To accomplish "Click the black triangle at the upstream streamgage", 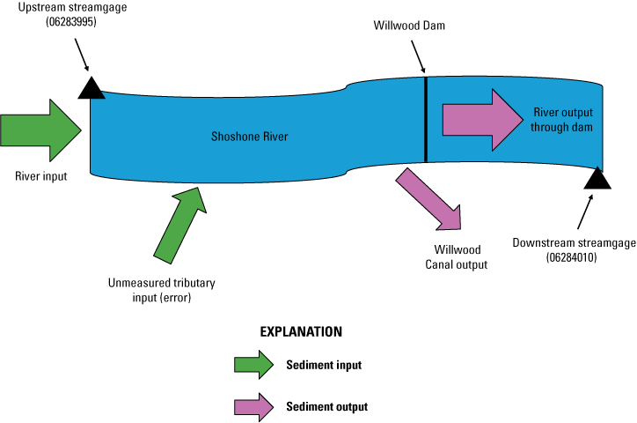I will (x=91, y=87).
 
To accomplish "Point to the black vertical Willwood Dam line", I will (x=426, y=120).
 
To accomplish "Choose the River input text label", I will (x=40, y=175).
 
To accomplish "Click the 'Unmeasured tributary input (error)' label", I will (x=161, y=290).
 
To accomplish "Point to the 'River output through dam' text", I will (x=562, y=120).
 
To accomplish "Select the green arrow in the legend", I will (x=253, y=365).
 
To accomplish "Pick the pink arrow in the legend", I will (x=253, y=406).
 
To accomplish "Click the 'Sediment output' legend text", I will (x=326, y=407).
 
